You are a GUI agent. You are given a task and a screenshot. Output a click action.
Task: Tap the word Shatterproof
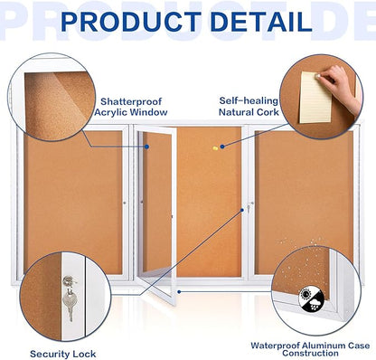pyautogui.click(x=134, y=101)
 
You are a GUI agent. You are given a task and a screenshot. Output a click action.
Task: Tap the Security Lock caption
pyautogui.click(x=62, y=353)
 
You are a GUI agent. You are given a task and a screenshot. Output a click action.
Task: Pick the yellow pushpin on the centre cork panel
pyautogui.click(x=215, y=147)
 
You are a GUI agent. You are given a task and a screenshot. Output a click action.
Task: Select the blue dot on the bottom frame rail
pyautogui.click(x=178, y=291)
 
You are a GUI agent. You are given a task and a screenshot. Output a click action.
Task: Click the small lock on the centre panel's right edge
pyautogui.click(x=246, y=209)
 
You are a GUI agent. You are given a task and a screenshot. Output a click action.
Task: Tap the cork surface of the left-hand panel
pyautogui.click(x=72, y=199)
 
